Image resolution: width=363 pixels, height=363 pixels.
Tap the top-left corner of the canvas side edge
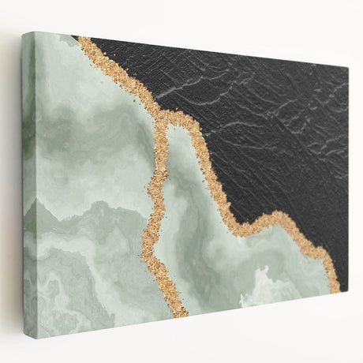pos(23,32)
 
